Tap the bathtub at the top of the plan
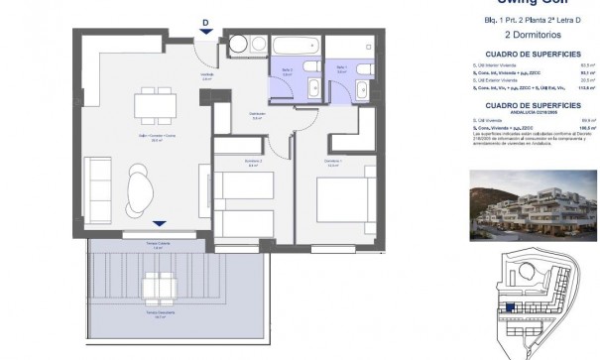point(295,46)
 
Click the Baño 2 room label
point(287,69)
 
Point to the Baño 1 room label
point(341,69)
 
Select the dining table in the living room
point(156,101)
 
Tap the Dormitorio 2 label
point(225,163)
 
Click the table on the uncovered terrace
point(158,290)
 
